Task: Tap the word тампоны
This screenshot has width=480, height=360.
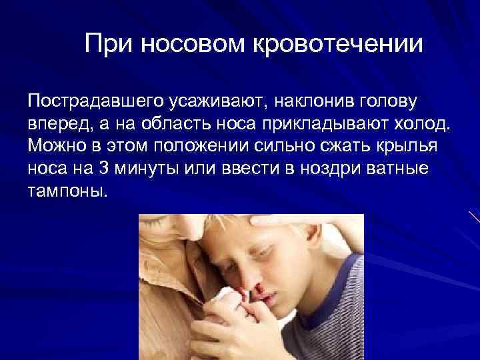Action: pyautogui.click(x=67, y=190)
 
